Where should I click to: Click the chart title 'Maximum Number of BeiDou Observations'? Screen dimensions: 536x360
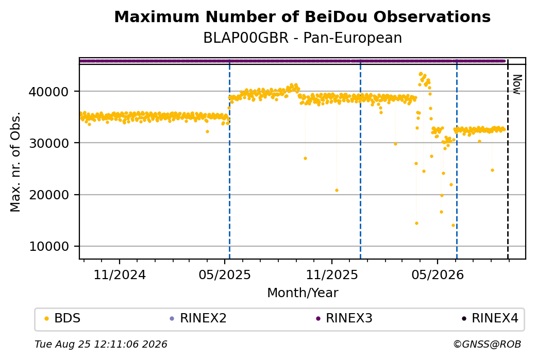point(302,16)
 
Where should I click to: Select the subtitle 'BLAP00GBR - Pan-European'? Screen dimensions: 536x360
point(303,38)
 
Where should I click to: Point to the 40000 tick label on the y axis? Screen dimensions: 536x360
point(49,92)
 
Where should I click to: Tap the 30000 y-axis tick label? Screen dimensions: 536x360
point(49,144)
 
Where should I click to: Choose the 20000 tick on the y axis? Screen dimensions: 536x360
point(49,195)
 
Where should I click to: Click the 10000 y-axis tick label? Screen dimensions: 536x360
point(49,247)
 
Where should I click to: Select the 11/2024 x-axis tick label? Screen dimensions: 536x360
point(120,275)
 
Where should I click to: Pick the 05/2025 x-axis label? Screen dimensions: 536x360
point(225,275)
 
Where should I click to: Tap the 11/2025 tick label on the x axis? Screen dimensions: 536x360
point(331,275)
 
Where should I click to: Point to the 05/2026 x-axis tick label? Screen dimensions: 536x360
point(438,275)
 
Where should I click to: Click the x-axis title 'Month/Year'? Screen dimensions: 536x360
point(303,293)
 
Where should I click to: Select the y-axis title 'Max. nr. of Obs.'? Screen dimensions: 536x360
point(15,162)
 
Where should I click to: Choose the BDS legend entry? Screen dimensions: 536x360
point(63,318)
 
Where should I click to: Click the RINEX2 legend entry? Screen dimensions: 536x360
point(198,318)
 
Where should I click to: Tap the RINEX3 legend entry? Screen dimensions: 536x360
point(344,318)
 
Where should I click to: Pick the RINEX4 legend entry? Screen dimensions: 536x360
point(490,318)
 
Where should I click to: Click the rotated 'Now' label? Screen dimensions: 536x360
point(517,84)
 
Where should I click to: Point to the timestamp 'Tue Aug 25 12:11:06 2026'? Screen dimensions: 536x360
point(101,344)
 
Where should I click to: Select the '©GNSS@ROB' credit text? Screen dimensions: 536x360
point(487,344)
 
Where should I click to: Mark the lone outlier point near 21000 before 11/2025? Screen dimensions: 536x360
point(337,190)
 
